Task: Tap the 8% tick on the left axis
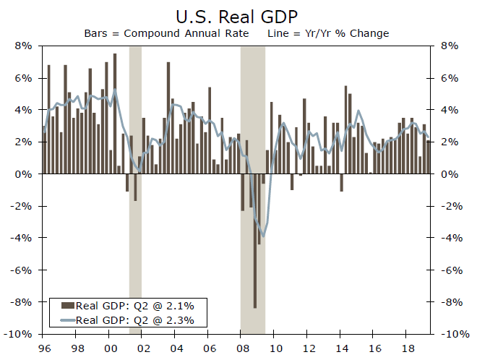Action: point(22,46)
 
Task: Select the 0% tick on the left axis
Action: point(25,174)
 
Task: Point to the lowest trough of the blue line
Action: point(263,236)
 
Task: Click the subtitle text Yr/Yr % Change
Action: point(350,33)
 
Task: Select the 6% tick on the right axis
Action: point(449,78)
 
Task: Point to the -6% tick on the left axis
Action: point(22,270)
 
